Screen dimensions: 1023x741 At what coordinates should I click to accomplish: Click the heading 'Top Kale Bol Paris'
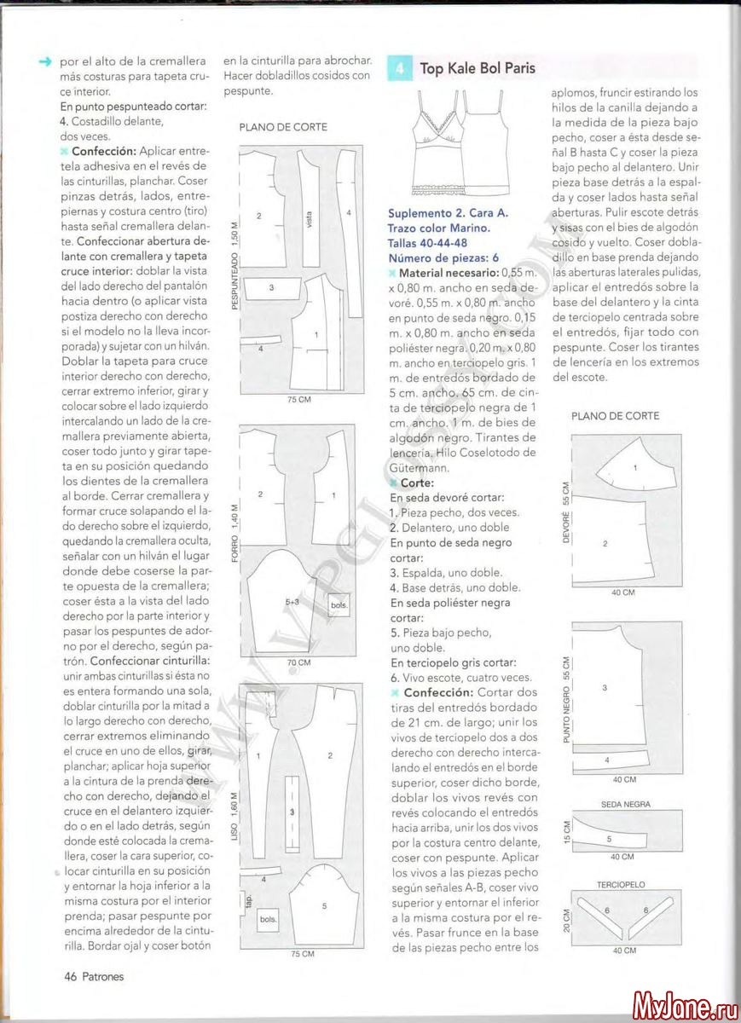pos(478,68)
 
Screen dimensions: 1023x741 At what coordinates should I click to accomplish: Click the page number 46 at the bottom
pos(71,976)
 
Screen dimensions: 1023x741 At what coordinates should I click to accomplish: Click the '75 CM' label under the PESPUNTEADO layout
pos(298,399)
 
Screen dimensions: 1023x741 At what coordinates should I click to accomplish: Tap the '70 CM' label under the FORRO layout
pos(298,662)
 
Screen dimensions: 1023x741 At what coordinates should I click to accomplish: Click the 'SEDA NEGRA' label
pos(625,804)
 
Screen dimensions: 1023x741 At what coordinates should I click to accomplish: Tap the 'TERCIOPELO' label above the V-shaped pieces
pos(621,885)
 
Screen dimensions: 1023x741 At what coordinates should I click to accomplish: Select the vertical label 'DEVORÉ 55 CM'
pos(564,512)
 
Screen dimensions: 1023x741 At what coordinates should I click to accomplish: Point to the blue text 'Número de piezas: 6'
pos(443,257)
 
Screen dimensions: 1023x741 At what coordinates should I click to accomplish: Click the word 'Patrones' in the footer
pos(103,976)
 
